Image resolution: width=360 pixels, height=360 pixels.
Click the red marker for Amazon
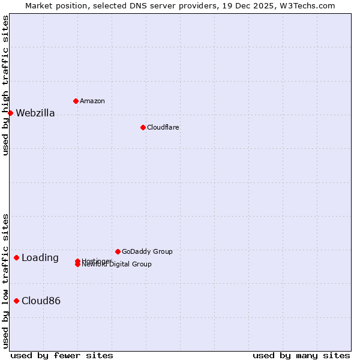(x=76, y=101)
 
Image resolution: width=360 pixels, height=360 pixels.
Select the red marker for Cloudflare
(x=143, y=127)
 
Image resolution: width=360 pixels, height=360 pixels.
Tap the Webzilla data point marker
(x=10, y=113)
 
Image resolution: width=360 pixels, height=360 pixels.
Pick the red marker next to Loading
(x=16, y=257)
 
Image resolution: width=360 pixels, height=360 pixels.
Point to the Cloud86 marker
(x=16, y=301)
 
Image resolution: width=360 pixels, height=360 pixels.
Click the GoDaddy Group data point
(x=118, y=251)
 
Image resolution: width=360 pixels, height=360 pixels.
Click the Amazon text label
(x=92, y=101)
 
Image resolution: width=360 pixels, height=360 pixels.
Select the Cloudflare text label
(x=163, y=127)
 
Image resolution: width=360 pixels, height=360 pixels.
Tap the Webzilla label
(x=35, y=113)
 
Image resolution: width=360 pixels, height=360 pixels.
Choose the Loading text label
(x=40, y=258)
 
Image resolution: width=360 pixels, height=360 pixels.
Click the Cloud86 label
(x=41, y=301)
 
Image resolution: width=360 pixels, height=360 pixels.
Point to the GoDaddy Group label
(x=147, y=251)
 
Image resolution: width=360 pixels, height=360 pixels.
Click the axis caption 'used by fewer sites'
(x=62, y=355)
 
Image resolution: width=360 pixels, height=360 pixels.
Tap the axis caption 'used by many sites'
(x=301, y=355)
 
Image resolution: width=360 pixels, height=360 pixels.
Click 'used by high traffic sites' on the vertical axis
(x=5, y=85)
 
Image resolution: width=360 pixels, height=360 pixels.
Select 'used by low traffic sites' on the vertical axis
(x=5, y=281)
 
